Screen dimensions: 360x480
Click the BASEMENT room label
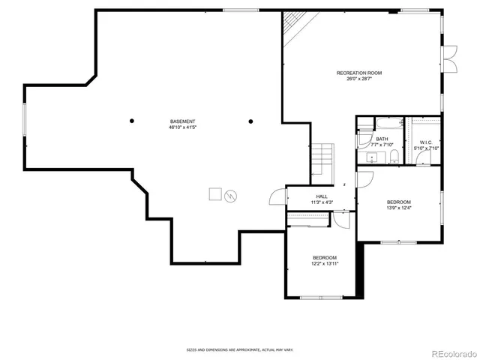coord(182,121)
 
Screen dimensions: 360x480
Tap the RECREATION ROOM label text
coord(359,73)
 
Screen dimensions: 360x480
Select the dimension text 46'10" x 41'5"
coord(182,127)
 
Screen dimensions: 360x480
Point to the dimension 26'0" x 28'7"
coord(359,79)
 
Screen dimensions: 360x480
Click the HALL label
coord(321,196)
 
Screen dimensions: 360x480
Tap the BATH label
coord(382,139)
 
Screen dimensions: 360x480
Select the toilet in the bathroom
coord(394,157)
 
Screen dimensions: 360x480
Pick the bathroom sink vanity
coord(370,157)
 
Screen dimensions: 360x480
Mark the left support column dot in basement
coord(132,121)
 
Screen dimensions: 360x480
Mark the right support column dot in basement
coord(250,121)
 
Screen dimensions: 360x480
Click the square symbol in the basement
coord(214,194)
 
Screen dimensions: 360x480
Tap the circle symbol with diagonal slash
coord(231,196)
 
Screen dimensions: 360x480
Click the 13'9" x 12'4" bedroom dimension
coord(399,208)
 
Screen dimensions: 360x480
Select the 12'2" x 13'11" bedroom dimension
coord(325,263)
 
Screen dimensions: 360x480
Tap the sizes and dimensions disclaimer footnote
coord(239,349)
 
